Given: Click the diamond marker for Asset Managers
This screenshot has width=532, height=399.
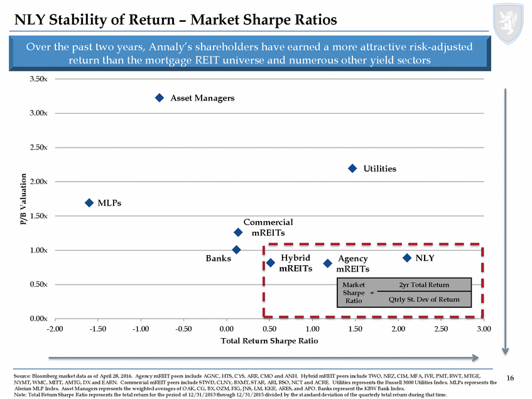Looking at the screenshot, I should [x=159, y=98].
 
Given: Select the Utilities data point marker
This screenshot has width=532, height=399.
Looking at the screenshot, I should [x=352, y=168].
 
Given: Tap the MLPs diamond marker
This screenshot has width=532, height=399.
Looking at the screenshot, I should [x=89, y=202].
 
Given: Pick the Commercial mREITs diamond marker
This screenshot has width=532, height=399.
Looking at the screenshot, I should [x=238, y=232].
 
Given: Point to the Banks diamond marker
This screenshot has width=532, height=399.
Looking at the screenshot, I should [x=236, y=250].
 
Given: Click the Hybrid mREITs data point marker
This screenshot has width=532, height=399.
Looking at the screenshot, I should [x=271, y=263].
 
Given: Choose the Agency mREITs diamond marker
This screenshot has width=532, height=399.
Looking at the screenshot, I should [x=327, y=263].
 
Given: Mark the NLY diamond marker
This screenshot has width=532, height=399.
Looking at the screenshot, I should [x=407, y=258].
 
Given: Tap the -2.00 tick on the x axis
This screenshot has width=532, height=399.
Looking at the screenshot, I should [x=55, y=329].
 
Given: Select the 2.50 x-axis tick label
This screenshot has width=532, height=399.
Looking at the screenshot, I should [x=440, y=329].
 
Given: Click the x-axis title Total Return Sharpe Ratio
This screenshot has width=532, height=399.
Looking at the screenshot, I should [x=269, y=341].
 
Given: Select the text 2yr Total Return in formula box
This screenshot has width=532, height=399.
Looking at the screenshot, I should [x=424, y=286].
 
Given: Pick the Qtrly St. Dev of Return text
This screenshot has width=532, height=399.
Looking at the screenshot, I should [x=424, y=299].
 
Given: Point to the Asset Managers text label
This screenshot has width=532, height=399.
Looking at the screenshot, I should [x=203, y=98].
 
